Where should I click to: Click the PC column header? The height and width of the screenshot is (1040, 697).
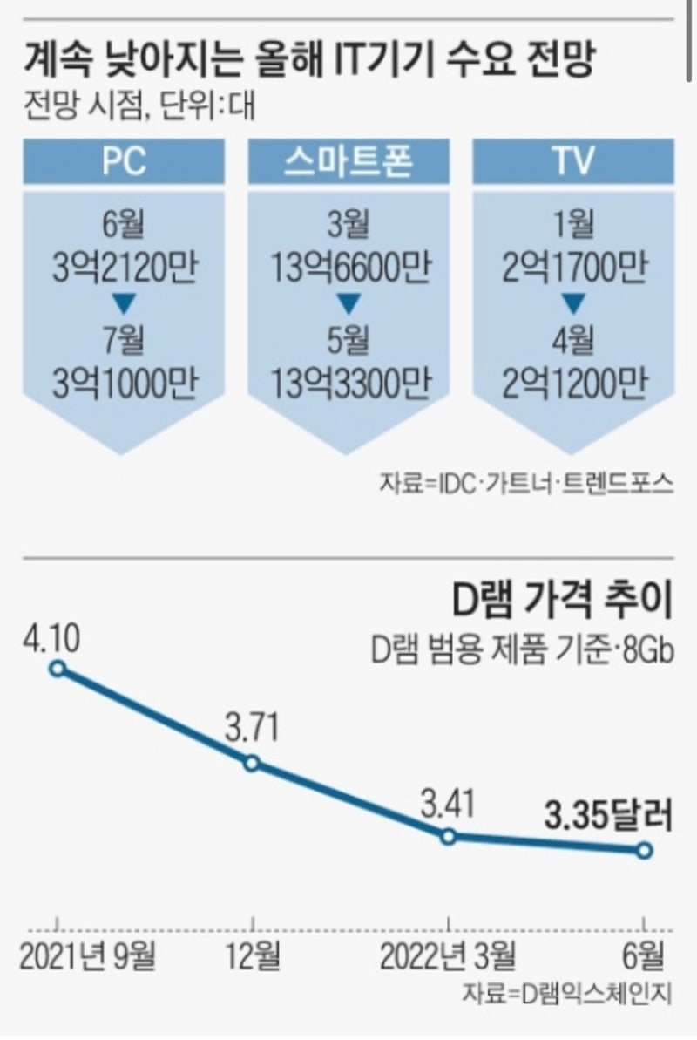(x=123, y=164)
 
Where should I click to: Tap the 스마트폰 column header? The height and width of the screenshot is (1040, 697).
(x=347, y=164)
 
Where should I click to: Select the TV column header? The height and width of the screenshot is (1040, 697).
(x=572, y=164)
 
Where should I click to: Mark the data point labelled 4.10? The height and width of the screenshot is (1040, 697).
(x=58, y=669)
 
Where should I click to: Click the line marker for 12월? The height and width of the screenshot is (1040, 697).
(x=252, y=764)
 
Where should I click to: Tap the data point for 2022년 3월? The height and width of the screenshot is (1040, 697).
(x=448, y=836)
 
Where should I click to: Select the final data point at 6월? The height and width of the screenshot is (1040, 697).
(x=644, y=850)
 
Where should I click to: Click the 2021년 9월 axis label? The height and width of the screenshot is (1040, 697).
(x=87, y=956)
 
